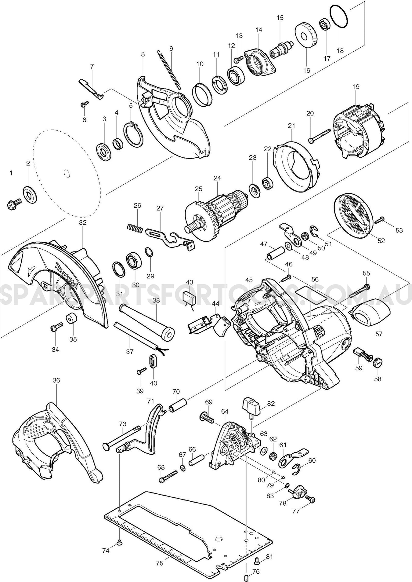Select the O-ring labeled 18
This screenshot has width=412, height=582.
click(339, 17)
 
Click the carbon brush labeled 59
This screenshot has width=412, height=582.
click(362, 354)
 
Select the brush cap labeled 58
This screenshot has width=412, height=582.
click(378, 362)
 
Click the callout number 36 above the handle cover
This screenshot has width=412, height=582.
click(56, 380)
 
